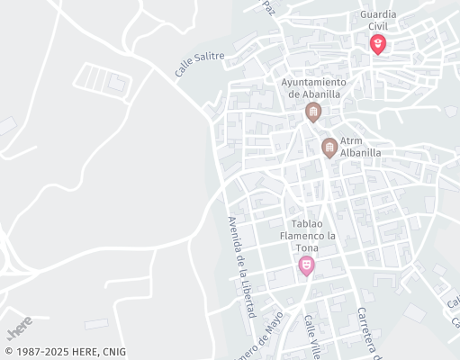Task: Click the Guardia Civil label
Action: tap(378, 21)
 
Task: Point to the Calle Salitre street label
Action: tap(200, 62)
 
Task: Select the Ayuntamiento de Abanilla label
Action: tap(313, 87)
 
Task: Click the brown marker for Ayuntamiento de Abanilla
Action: tap(313, 112)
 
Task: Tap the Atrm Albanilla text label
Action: tap(360, 147)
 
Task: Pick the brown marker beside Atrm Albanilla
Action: tap(329, 147)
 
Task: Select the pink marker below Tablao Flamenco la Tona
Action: tap(306, 265)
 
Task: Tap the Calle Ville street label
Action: tap(312, 336)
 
